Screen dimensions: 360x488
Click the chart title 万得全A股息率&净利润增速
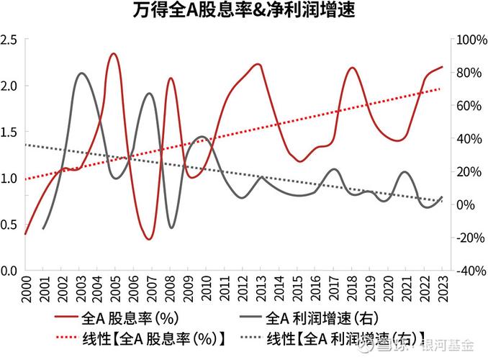coord(245,12)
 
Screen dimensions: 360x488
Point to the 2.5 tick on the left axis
coord(10,40)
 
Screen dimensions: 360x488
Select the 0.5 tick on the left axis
coord(10,225)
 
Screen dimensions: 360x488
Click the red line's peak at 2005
coord(113,53)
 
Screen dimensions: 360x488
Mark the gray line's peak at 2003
coord(81,73)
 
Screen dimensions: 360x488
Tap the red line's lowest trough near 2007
coord(148,239)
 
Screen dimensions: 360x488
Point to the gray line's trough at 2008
coord(171,228)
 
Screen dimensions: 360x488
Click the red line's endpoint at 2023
coord(442,66)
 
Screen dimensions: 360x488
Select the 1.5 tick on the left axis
coord(10,132)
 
